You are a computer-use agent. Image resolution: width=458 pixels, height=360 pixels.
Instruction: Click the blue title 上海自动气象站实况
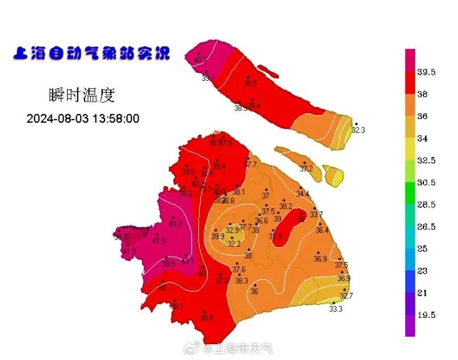click(x=91, y=53)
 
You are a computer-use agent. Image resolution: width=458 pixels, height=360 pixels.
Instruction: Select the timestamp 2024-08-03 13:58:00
click(x=83, y=119)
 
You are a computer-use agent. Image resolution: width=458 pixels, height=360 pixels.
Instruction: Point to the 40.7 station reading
click(x=201, y=60)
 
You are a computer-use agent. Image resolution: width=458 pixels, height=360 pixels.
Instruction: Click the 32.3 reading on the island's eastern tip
click(x=358, y=130)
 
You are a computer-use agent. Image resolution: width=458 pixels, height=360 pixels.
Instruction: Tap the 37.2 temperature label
click(x=306, y=169)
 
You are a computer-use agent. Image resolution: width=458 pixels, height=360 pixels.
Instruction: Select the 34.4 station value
click(x=303, y=194)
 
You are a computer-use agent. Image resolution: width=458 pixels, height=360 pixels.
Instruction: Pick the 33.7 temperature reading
click(x=317, y=214)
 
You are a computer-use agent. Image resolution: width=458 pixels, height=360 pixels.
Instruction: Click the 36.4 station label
click(x=322, y=230)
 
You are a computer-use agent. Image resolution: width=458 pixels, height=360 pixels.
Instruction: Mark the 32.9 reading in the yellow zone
click(x=232, y=230)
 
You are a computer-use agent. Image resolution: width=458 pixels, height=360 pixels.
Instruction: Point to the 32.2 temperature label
click(x=234, y=243)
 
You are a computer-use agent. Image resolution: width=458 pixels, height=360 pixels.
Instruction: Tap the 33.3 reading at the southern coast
click(x=336, y=309)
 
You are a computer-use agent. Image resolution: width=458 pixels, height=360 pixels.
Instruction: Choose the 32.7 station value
click(x=346, y=296)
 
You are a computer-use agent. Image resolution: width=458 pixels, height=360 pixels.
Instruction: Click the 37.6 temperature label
click(x=239, y=270)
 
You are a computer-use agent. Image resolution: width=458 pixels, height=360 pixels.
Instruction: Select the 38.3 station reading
click(x=242, y=280)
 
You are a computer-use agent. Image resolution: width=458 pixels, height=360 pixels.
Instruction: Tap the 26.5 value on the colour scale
click(x=426, y=227)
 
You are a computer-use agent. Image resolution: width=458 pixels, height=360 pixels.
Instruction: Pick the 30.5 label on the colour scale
click(x=426, y=183)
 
